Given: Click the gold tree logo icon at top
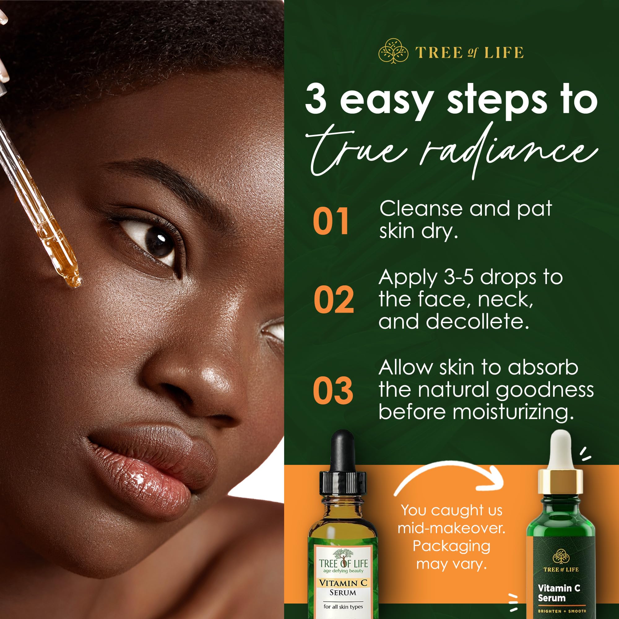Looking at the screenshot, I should (393, 51).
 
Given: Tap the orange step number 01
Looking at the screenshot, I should (331, 221).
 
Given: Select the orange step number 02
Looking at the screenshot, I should (334, 299).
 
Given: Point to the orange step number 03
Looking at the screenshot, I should (333, 390).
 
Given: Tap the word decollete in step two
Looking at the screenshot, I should (477, 322).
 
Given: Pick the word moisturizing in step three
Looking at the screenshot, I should (513, 412).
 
